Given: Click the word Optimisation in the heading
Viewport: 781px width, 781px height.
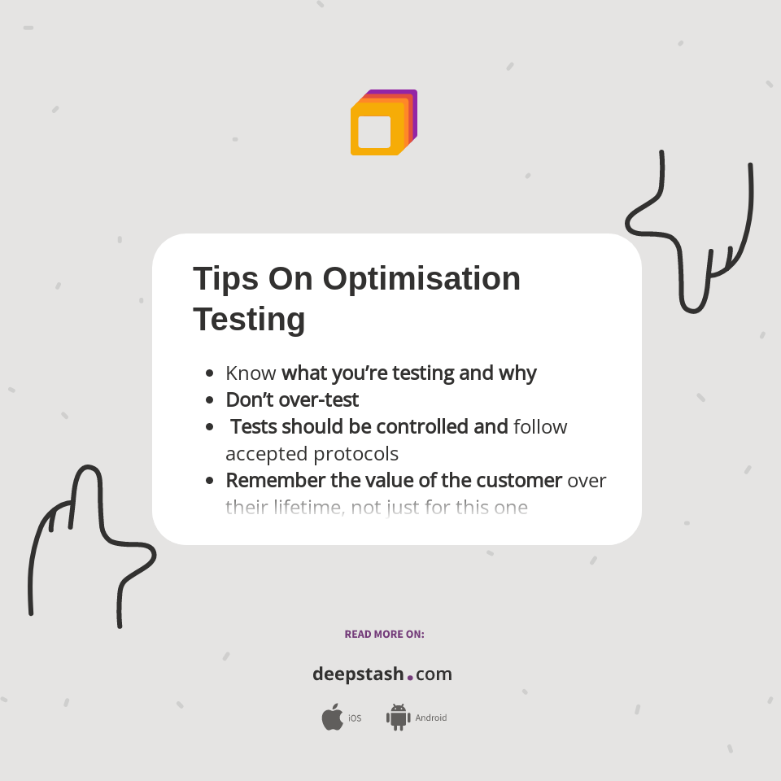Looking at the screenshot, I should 421,279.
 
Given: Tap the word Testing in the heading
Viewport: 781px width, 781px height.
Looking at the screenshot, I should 249,319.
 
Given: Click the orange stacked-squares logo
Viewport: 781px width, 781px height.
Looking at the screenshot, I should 383,123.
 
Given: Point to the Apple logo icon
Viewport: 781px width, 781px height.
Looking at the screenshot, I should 332,718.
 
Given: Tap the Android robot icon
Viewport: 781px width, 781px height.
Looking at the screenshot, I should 398,717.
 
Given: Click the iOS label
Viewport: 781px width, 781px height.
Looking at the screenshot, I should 355,718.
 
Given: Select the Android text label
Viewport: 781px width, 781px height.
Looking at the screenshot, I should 431,718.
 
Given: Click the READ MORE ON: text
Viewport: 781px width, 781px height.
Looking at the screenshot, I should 384,634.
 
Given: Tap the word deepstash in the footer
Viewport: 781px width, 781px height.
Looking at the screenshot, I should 358,674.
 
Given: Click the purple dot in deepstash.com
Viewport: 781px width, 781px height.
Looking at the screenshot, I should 410,677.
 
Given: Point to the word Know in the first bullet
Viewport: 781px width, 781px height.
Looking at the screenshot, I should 251,373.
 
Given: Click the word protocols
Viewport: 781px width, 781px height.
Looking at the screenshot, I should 356,453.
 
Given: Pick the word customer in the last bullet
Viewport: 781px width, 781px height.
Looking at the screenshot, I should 519,480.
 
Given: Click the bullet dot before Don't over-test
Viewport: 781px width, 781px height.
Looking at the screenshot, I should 210,400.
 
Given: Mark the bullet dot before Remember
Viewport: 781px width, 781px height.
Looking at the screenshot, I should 210,480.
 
